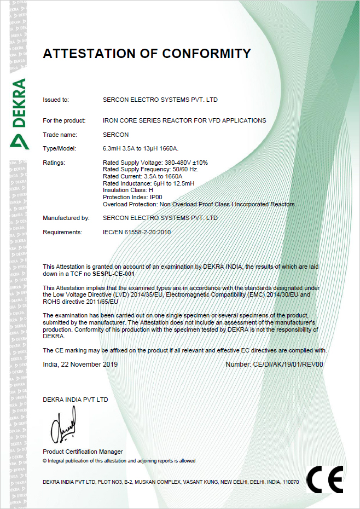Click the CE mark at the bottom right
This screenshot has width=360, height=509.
click(x=324, y=479)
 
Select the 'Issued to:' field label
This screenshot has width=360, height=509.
click(x=56, y=100)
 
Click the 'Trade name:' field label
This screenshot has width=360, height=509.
click(x=60, y=135)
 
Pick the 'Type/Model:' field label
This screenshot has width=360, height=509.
click(x=60, y=149)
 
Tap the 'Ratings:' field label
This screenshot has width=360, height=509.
click(x=54, y=163)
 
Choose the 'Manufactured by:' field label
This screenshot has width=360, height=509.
click(x=66, y=218)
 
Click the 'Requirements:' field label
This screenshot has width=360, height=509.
click(x=62, y=232)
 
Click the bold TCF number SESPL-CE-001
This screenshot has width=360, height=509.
click(x=113, y=273)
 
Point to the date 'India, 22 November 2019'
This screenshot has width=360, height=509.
click(x=80, y=364)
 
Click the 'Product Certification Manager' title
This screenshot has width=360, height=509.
click(x=83, y=452)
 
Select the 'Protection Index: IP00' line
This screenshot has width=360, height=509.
click(x=133, y=197)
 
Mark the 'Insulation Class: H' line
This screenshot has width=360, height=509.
click(x=127, y=190)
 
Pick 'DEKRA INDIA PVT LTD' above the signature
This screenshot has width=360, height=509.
click(x=76, y=400)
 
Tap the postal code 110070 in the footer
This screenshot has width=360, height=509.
click(x=290, y=482)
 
